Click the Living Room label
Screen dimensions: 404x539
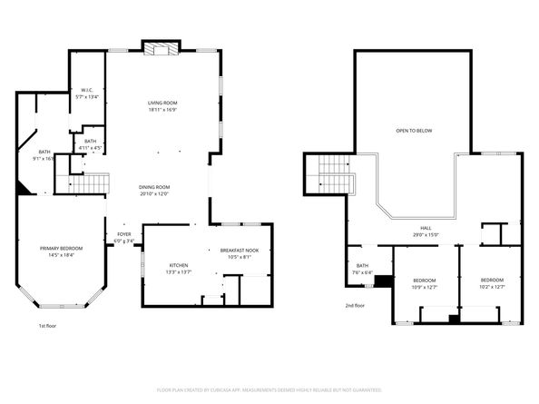click(162, 103)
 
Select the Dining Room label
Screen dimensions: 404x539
click(154, 187)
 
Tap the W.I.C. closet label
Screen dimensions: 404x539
click(88, 90)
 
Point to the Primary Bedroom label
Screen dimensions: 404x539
click(61, 248)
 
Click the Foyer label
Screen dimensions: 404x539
click(124, 234)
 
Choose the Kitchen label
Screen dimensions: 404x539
click(178, 266)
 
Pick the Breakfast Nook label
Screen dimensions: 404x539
click(240, 251)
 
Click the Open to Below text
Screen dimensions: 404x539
click(414, 131)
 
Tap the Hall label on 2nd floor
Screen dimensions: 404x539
click(426, 229)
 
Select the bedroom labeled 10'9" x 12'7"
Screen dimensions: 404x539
click(425, 280)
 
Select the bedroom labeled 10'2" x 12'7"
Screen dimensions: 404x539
click(492, 280)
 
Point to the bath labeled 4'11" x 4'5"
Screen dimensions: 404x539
click(90, 142)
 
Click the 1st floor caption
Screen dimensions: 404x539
click(47, 325)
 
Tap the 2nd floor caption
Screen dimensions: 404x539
click(355, 306)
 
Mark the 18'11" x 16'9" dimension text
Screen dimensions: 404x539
click(162, 109)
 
